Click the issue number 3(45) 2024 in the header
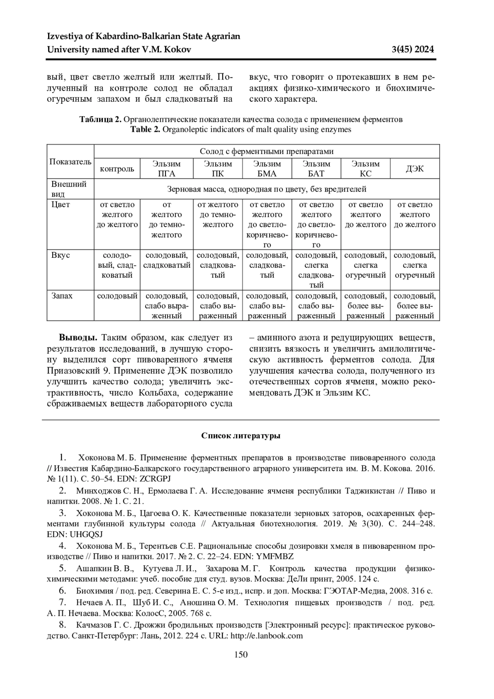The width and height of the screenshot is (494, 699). pos(413,50)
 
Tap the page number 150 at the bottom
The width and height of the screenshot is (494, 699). pos(241,655)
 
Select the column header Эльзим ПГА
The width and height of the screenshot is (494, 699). pos(167,168)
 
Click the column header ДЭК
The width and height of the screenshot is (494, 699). pos(415,168)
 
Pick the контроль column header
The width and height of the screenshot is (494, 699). pos(117,169)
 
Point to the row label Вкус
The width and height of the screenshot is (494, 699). pos(61,255)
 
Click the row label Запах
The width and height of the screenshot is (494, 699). pos(62,296)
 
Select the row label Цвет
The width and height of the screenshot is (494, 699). pos(61,205)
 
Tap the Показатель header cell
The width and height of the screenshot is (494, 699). pos(70,161)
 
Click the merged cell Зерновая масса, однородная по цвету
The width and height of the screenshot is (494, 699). pos(266,189)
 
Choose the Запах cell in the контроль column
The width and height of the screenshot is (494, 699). pos(117,296)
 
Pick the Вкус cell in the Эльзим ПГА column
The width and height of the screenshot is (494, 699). pos(167,260)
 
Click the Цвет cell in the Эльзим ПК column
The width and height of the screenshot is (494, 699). pos(218,215)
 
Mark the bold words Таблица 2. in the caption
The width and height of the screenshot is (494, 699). pos(100,119)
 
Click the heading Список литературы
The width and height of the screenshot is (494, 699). pos(241,436)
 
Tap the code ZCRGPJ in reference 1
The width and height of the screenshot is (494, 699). pos(155,479)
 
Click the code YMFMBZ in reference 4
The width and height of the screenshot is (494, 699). pos(275,556)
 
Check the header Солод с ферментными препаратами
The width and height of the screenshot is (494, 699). pos(266,151)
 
